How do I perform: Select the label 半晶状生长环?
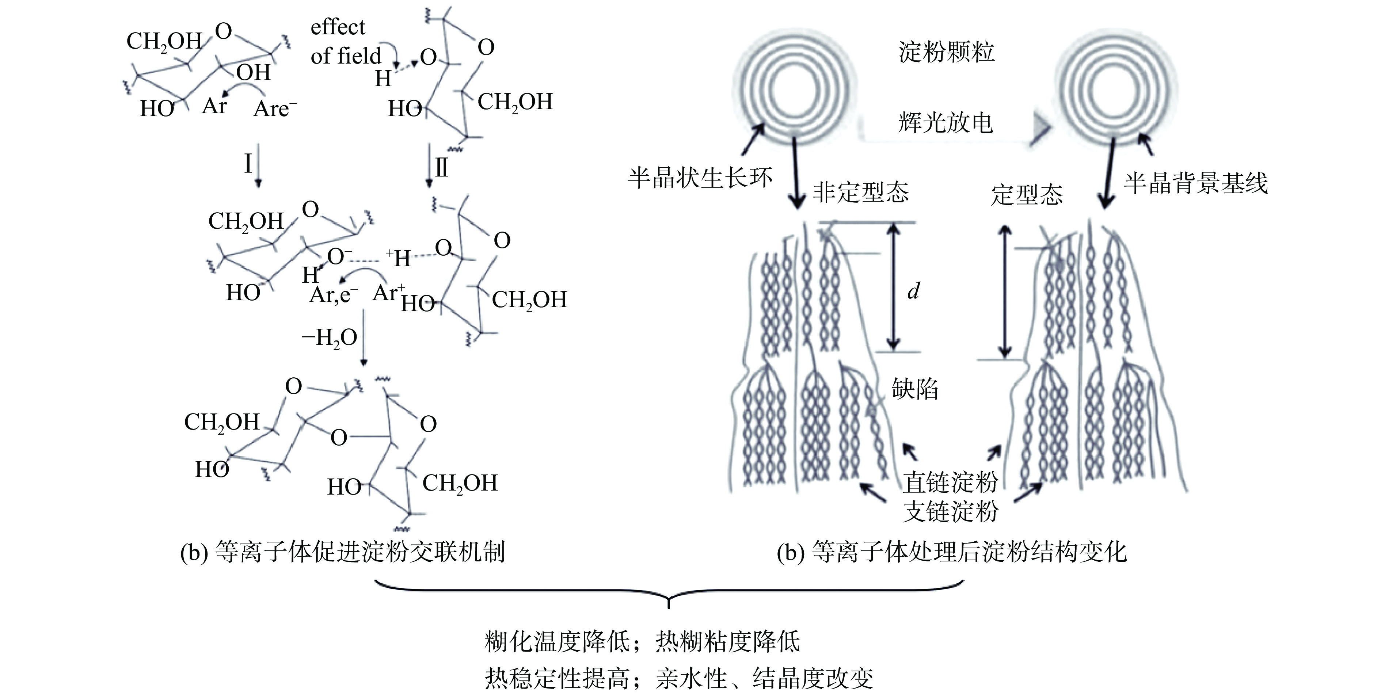coord(700,178)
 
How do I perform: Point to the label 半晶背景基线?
coord(1195,183)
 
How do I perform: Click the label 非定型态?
coord(860,192)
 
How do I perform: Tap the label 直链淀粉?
coord(950,482)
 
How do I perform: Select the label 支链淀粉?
coord(950,511)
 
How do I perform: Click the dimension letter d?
coord(913,291)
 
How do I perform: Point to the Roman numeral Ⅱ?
coord(441,168)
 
